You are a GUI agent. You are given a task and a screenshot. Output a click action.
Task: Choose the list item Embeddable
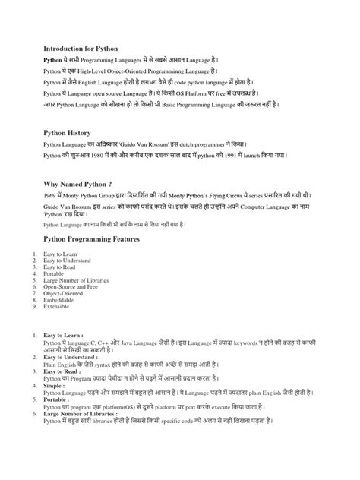(x=59, y=301)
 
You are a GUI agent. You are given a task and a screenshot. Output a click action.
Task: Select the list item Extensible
(x=58, y=307)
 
